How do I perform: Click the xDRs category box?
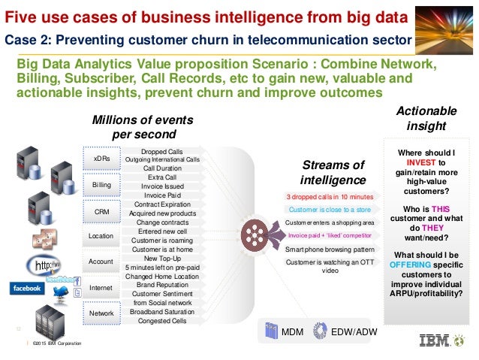coord(101,159)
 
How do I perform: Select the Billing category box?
coord(101,184)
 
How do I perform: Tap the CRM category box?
coord(101,212)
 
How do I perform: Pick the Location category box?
coord(101,237)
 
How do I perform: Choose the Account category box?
coord(101,262)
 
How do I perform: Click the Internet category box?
coord(101,288)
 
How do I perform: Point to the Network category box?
coord(101,313)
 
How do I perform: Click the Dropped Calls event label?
coord(161,152)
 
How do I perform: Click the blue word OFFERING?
coord(410,265)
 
